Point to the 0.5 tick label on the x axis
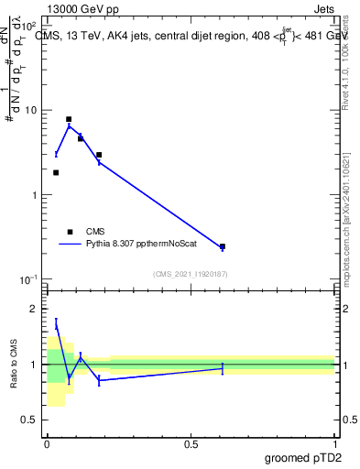(x=191, y=443)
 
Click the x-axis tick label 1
(x=335, y=443)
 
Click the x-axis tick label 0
(x=47, y=443)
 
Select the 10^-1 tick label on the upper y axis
(x=31, y=278)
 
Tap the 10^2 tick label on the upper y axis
(x=31, y=27)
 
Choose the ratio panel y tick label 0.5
(x=33, y=420)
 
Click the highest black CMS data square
(x=69, y=119)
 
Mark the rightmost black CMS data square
(x=223, y=246)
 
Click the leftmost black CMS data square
(x=56, y=172)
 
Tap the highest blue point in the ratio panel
(x=56, y=323)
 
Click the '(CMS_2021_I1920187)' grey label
(x=190, y=273)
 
